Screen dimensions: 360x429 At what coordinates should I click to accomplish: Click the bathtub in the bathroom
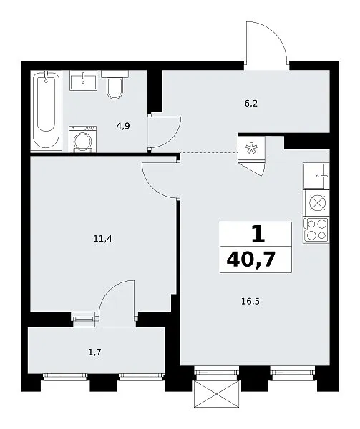[46, 110]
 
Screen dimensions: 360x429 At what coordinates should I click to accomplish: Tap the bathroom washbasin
[83, 80]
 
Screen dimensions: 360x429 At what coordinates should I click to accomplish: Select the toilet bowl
[115, 85]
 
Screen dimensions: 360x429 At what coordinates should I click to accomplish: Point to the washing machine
[83, 139]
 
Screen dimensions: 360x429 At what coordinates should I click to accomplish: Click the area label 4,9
[123, 126]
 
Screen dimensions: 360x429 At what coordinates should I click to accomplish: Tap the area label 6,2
[251, 104]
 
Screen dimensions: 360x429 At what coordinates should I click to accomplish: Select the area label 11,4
[102, 239]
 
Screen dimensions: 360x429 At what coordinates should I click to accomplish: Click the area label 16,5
[250, 302]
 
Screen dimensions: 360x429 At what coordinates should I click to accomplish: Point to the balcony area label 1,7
[94, 352]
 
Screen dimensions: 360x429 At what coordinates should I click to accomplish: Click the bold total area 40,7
[250, 260]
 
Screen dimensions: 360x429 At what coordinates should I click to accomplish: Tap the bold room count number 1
[258, 235]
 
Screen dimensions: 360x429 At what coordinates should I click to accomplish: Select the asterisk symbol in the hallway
[251, 149]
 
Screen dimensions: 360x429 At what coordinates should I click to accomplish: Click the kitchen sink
[316, 176]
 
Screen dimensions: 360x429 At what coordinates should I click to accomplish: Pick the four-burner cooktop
[316, 230]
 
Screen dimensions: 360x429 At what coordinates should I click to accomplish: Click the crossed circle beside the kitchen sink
[318, 203]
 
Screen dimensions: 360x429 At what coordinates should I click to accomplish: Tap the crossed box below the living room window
[216, 394]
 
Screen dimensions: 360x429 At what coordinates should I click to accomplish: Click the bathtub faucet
[46, 77]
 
